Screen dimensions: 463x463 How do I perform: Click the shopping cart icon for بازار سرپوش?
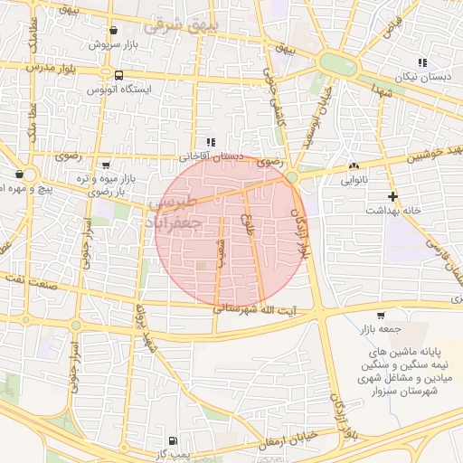[112, 30]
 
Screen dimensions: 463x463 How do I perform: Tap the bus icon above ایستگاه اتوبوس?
[119, 75]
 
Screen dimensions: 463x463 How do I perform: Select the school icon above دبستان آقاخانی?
[211, 142]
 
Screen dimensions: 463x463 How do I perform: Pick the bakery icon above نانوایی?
[353, 166]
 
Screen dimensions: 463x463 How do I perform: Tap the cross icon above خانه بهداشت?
[392, 196]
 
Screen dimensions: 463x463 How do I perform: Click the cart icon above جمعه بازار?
[381, 316]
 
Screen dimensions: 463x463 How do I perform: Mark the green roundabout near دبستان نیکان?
[337, 64]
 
